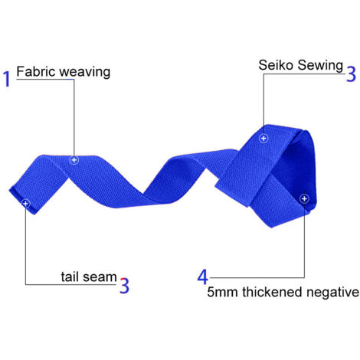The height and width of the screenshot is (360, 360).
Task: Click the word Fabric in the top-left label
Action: [x=36, y=71]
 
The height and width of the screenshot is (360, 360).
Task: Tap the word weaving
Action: [x=85, y=73]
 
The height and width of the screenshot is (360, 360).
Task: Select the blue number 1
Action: [x=7, y=79]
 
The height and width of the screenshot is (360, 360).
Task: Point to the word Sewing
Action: [x=320, y=65]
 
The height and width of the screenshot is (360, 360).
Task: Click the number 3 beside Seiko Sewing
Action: [x=351, y=74]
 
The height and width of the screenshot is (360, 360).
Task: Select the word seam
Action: [x=100, y=277]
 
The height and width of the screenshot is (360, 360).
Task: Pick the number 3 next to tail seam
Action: [x=124, y=286]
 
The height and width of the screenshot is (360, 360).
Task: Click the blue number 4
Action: [x=203, y=277]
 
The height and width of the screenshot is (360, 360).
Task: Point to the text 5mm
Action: [x=222, y=292]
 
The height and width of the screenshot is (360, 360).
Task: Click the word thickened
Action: [x=272, y=292]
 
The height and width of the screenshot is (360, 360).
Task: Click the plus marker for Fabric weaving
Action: [x=74, y=160]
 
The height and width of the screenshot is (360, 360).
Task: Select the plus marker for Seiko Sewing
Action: [x=263, y=139]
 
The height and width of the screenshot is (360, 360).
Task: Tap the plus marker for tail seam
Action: [x=25, y=204]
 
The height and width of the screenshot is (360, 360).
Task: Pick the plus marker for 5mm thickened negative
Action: [x=304, y=198]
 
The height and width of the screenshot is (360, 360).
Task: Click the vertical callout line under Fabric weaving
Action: [x=74, y=117]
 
